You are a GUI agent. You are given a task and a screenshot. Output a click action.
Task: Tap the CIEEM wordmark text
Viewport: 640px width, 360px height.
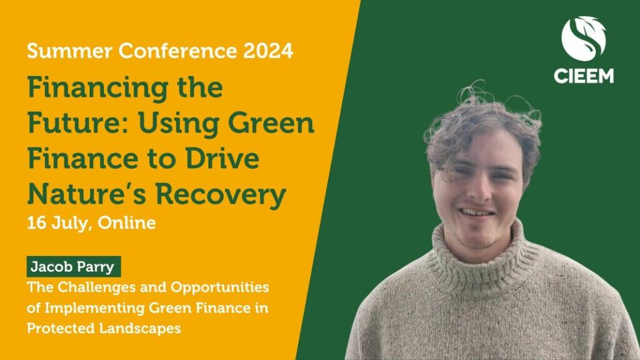coord(584,76)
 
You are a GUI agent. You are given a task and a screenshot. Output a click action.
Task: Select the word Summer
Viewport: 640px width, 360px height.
coord(69,51)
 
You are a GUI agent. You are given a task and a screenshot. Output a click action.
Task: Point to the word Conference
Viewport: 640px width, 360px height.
coord(177,51)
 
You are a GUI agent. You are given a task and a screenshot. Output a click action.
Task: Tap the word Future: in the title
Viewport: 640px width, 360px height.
coord(80,123)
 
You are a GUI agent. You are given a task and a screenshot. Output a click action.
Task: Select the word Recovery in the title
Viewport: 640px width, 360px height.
coord(221,195)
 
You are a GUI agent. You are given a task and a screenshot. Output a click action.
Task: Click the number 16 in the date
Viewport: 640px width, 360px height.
coord(36,223)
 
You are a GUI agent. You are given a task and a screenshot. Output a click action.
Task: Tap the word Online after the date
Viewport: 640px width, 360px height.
coord(126,223)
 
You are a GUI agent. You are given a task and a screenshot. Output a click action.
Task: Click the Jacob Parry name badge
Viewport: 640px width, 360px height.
coord(74,266)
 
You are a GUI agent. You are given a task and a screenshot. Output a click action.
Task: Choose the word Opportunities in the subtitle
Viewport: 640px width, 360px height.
coord(219,287)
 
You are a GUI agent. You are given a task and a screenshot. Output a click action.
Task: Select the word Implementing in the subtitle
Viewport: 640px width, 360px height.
coord(94,308)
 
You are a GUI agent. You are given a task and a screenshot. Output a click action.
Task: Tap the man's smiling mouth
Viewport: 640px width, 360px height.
coord(476,212)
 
